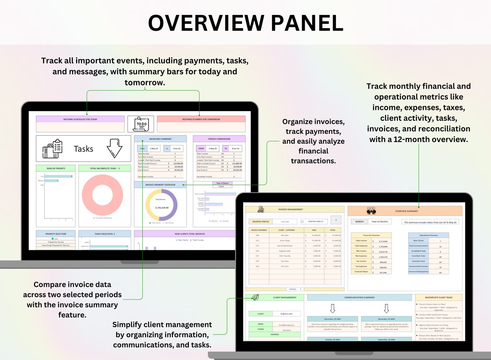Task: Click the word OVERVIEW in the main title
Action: (206, 23)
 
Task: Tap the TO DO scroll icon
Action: (141, 124)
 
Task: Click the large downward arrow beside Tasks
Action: (114, 148)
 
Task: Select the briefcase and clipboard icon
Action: (52, 149)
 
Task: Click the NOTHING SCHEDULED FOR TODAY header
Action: (80, 119)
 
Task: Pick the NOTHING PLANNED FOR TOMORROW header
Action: (201, 119)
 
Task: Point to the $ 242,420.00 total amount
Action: (162, 208)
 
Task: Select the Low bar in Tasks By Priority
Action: (58, 176)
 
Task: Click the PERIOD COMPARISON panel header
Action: (219, 139)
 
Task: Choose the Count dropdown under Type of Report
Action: (223, 186)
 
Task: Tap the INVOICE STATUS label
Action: (261, 221)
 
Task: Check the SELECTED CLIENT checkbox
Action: (302, 222)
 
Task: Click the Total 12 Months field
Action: (380, 221)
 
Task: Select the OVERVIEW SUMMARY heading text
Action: (406, 211)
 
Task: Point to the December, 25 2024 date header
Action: (332, 319)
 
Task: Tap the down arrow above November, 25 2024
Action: (386, 308)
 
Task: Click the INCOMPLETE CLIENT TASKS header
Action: (438, 298)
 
